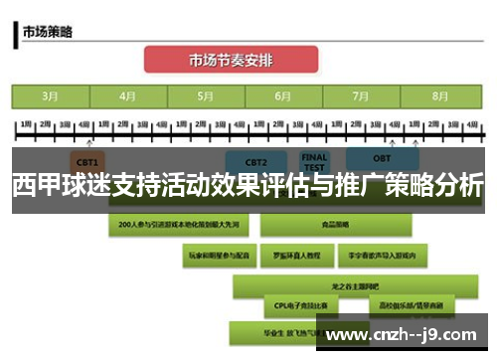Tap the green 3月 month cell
pyautogui.click(x=50, y=96)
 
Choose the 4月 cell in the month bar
pyautogui.click(x=127, y=96)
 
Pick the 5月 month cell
pyautogui.click(x=205, y=96)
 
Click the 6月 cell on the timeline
pyautogui.click(x=282, y=96)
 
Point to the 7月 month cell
pyautogui.click(x=360, y=96)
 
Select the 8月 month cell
pyautogui.click(x=438, y=96)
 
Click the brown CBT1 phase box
pyautogui.click(x=86, y=161)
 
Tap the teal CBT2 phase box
pyautogui.click(x=256, y=161)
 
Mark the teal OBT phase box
pyautogui.click(x=383, y=161)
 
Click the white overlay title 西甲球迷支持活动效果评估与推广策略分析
pyautogui.click(x=248, y=186)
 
